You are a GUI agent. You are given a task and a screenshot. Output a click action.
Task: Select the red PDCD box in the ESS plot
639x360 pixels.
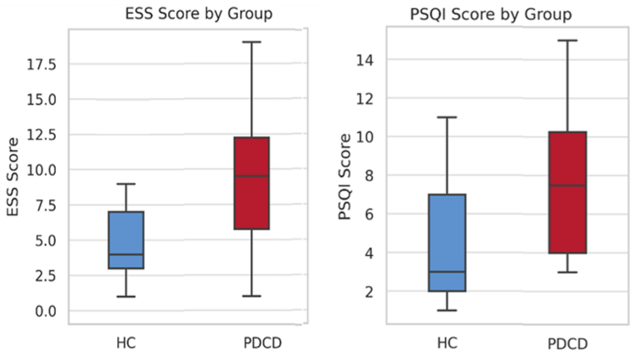[251, 183]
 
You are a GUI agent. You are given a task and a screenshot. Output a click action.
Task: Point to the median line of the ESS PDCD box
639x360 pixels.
[251, 176]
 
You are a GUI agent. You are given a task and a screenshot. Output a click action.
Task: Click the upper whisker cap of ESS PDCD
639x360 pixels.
[251, 42]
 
